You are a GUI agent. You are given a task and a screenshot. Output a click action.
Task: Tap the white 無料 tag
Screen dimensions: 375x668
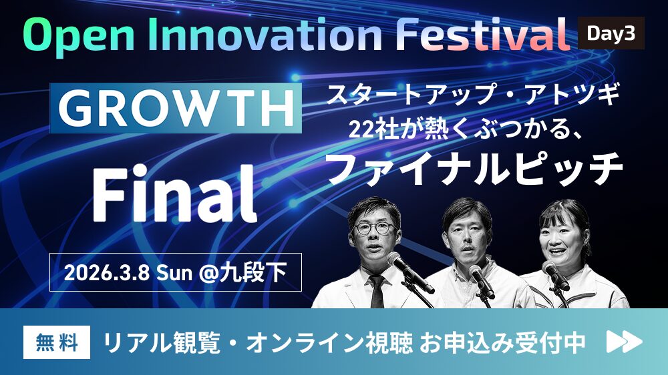tap(57, 342)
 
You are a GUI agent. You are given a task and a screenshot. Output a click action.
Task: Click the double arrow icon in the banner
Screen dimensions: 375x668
tap(624, 342)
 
